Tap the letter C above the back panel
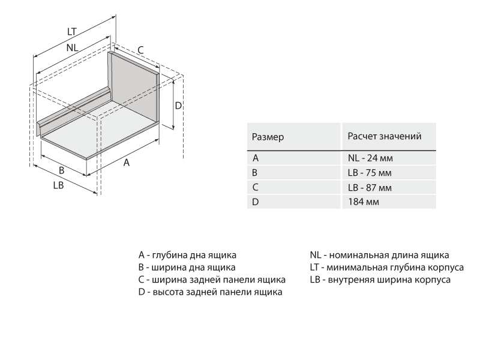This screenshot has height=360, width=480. click(140, 50)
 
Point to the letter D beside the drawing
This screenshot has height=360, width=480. click(178, 106)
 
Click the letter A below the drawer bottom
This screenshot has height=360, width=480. click(127, 163)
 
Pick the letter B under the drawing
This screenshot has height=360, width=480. click(61, 170)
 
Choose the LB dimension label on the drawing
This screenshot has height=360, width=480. click(59, 185)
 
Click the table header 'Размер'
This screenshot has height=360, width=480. click(268, 137)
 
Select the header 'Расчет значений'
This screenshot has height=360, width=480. click(384, 136)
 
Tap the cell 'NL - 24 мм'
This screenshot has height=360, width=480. click(370, 158)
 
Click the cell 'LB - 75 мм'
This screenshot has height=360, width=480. click(370, 173)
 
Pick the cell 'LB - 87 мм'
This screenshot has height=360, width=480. click(370, 187)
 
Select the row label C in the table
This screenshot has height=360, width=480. click(256, 187)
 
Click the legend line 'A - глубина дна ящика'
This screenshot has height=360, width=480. click(187, 254)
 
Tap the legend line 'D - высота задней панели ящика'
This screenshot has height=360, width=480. click(210, 292)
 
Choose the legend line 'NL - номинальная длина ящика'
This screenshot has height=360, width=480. click(379, 254)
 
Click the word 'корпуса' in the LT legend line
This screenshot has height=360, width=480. click(446, 267)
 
